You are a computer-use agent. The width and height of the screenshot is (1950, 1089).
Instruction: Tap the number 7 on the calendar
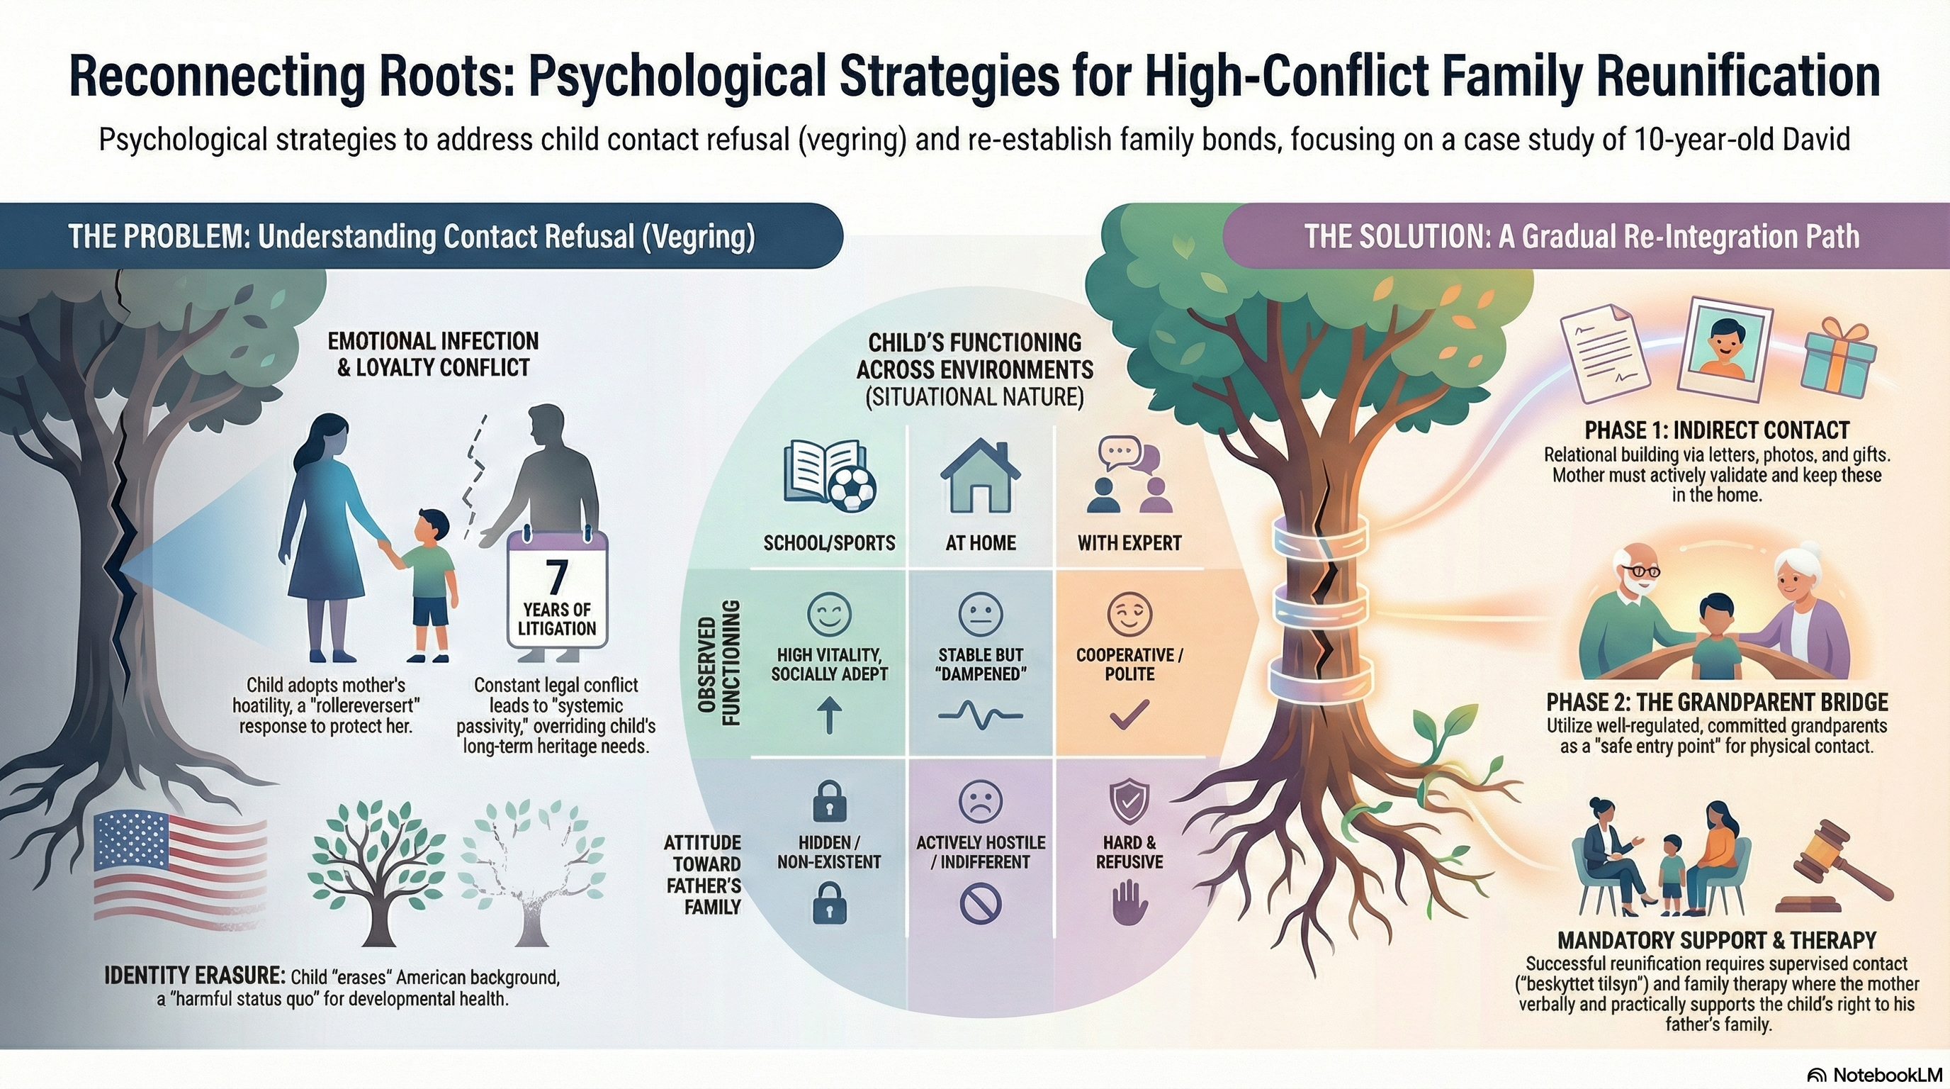click(556, 577)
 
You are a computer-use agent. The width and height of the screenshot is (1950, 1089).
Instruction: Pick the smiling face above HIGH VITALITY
click(829, 613)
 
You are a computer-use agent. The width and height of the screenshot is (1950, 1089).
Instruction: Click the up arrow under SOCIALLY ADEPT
click(830, 715)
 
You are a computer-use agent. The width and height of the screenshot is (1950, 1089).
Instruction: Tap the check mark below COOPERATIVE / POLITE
click(1129, 714)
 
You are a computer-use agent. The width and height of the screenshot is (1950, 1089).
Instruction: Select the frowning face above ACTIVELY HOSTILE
click(980, 800)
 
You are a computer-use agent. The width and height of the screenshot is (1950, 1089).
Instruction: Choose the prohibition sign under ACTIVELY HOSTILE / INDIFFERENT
click(980, 903)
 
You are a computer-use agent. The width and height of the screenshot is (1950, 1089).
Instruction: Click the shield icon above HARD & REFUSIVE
click(1129, 800)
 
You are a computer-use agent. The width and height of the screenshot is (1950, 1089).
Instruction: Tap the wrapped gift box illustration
click(1839, 360)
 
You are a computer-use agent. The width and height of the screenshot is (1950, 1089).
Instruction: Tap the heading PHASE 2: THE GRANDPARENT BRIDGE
click(1717, 701)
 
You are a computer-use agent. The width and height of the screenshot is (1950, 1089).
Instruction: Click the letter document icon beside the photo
click(1606, 353)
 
